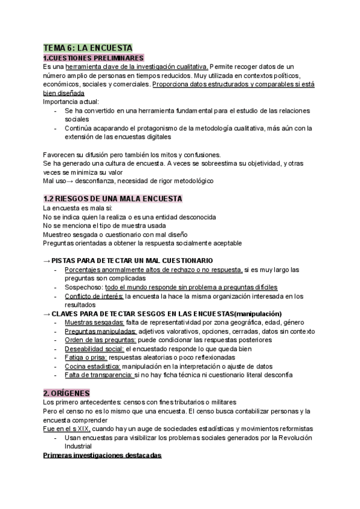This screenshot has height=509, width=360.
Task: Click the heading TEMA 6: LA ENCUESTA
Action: (88, 47)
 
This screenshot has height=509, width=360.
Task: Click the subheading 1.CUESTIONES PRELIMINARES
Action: (94, 58)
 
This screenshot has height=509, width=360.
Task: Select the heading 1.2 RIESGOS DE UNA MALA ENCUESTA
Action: (113, 199)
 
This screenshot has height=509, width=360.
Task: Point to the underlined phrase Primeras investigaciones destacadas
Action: (103, 455)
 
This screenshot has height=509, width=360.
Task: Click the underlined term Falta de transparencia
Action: (98, 375)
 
